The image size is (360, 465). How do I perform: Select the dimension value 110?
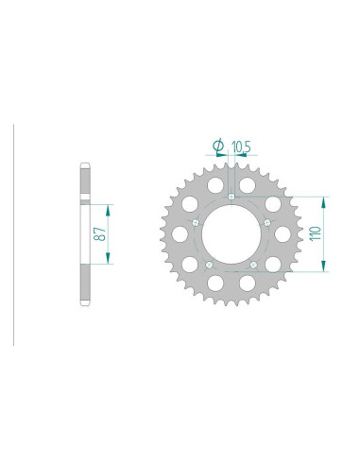pos(316,233)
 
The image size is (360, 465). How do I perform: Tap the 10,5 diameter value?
pos(241,146)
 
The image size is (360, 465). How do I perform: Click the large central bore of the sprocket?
pos(231,234)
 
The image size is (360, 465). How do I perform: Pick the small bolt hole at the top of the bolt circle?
pos(231,197)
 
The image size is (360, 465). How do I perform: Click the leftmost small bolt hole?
pos(196,223)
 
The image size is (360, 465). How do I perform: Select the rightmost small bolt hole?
pos(267,223)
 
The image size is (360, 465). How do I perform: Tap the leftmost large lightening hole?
pos(180,234)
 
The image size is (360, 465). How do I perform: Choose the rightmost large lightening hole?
pos(283,234)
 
